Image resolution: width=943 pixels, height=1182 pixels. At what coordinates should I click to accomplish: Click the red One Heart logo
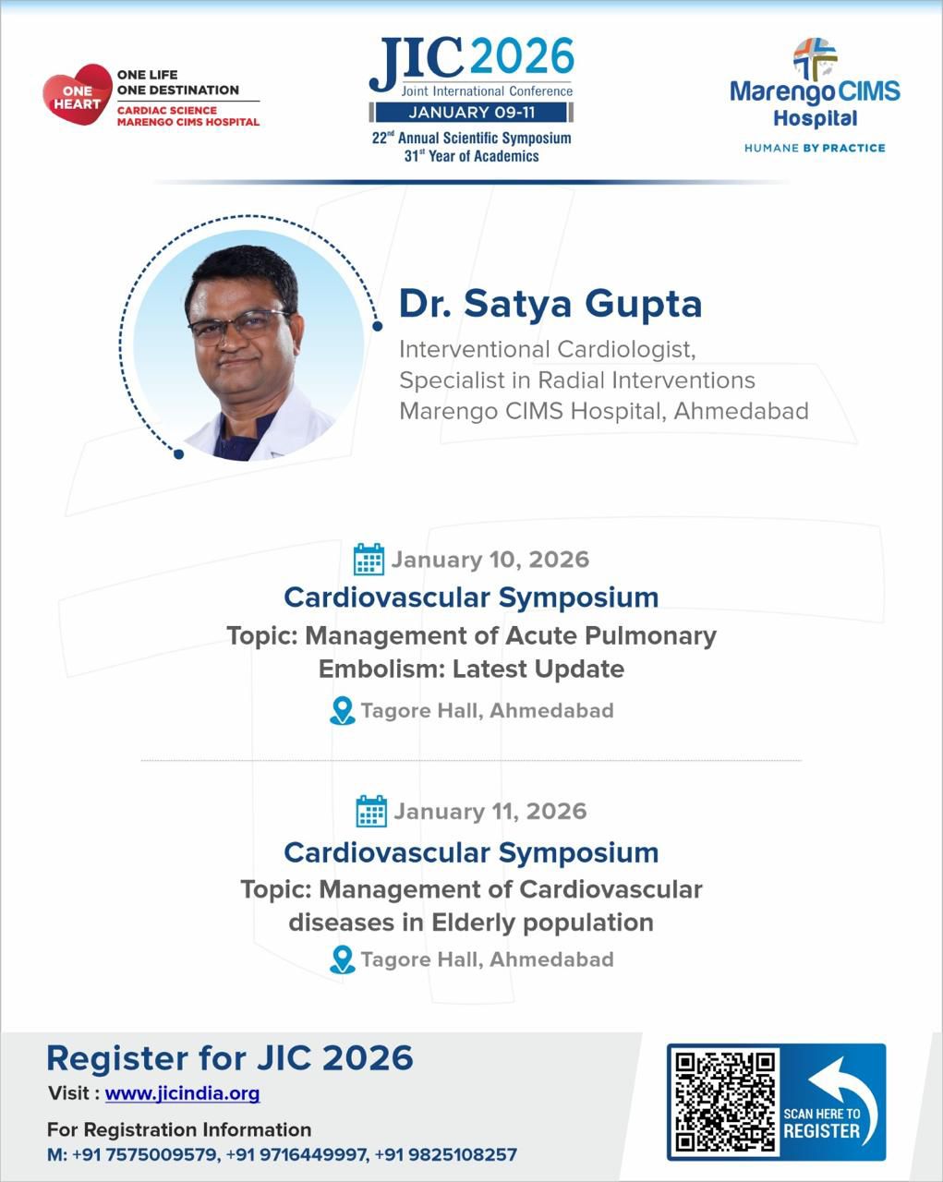coord(77,95)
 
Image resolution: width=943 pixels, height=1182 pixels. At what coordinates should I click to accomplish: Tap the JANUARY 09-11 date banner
coord(472,113)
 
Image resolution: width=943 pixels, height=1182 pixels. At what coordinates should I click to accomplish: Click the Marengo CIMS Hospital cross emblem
coord(816,58)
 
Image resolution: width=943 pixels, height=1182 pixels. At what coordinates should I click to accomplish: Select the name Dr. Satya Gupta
coord(550,304)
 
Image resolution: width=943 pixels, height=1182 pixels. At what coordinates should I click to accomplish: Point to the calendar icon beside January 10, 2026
coord(369,560)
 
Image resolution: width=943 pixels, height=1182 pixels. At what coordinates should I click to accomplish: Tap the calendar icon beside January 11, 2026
coord(371,811)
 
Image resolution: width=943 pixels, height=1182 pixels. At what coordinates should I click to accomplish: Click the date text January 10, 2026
coord(490,560)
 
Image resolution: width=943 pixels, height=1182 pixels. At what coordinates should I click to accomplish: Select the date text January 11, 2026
coord(490,811)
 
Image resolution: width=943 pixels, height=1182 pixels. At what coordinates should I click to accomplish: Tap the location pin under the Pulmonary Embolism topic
coord(343,711)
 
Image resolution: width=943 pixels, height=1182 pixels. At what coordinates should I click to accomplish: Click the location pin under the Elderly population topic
coord(343,960)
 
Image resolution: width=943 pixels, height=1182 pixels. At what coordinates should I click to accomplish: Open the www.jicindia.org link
coord(182,1093)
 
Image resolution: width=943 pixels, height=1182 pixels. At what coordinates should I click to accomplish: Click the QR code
coord(725,1102)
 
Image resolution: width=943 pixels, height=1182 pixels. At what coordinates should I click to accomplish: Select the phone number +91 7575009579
coord(156,1154)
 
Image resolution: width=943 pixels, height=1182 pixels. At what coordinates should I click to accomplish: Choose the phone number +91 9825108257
coord(456,1154)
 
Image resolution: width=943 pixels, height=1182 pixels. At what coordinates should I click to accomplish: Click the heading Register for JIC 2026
coord(230,1057)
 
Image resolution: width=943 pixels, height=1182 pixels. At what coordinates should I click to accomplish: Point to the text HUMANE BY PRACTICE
coord(815,148)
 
